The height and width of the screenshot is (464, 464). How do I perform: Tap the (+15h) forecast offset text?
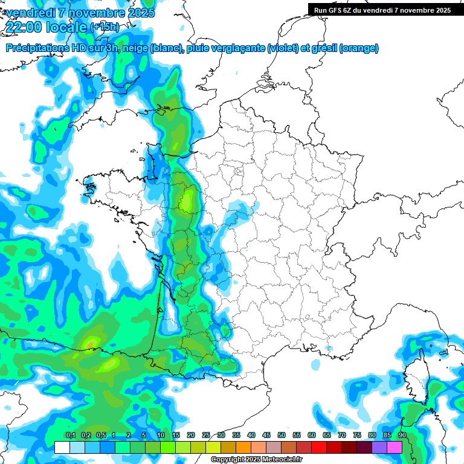tap(105, 27)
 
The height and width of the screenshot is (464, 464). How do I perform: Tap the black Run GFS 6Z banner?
tap(382, 10)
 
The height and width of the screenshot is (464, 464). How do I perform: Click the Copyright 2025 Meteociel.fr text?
tap(256, 460)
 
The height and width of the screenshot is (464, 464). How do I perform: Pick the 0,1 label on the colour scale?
tap(70, 435)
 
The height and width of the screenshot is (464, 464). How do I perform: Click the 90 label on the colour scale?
tap(402, 435)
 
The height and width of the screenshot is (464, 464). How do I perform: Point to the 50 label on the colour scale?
tap(282, 435)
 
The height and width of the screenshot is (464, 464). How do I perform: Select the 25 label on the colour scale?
tap(206, 435)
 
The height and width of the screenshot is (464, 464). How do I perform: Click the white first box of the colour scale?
tap(62, 447)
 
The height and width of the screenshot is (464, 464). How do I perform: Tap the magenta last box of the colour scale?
tap(395, 447)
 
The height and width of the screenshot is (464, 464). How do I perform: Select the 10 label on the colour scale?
tap(161, 435)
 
